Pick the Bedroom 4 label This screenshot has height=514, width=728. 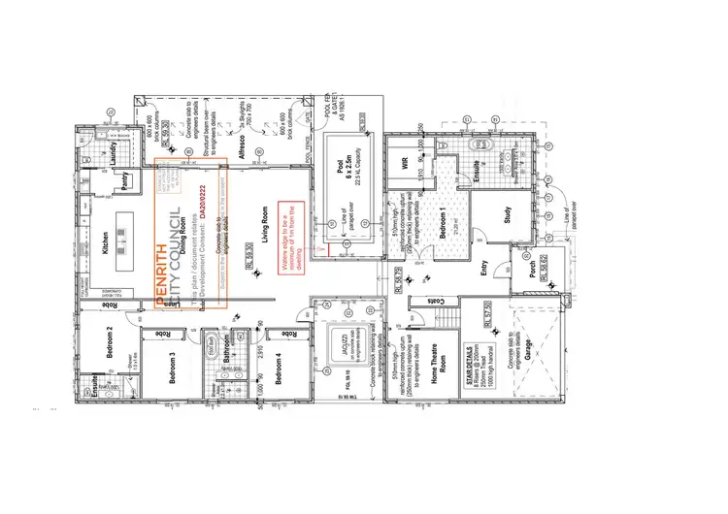click(280, 369)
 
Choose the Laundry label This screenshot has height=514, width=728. click(114, 151)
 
